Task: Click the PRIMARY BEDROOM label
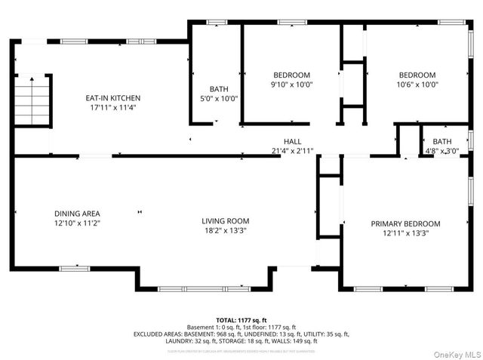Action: pos(405,223)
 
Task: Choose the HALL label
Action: pos(292,141)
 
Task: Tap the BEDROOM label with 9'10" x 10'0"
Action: pos(291,75)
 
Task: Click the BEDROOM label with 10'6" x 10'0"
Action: pos(417,75)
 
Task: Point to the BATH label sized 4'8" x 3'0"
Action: pos(442,141)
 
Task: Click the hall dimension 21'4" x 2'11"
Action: pos(292,151)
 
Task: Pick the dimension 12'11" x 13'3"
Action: pos(405,233)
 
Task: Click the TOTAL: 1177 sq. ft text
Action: pos(241,319)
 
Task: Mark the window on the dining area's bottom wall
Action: pos(74,267)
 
